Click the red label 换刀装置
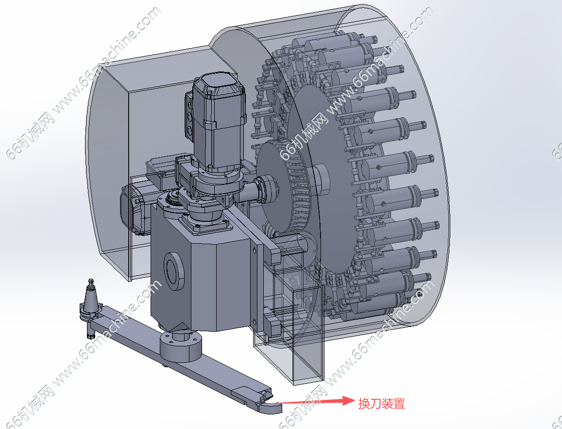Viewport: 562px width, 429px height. (381, 403)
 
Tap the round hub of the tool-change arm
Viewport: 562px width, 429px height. (180, 346)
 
